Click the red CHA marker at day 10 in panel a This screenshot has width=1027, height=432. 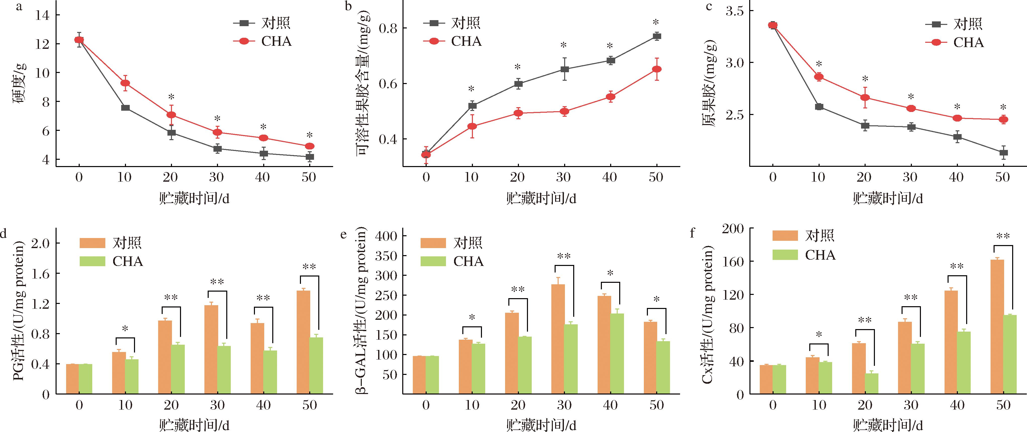point(125,83)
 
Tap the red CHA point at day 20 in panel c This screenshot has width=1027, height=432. point(865,97)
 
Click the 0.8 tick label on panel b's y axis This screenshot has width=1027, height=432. point(388,28)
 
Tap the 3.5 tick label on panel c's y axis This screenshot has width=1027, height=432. point(735,11)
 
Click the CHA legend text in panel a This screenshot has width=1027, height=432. point(276,42)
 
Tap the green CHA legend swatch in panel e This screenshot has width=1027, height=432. point(433,261)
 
